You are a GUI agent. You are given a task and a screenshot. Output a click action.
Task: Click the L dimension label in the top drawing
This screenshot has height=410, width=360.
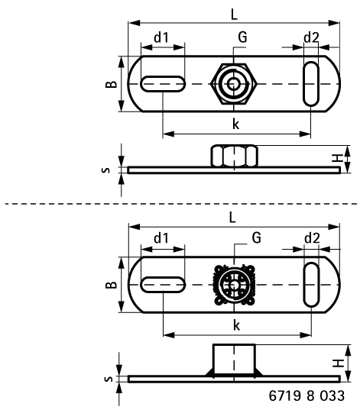point(234,14)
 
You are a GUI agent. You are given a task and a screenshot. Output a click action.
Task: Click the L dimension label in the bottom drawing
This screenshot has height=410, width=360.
point(232,217)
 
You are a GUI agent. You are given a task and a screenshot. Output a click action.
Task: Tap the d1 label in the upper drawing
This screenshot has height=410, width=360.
point(161,37)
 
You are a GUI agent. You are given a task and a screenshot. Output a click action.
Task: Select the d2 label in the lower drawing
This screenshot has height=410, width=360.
point(312,238)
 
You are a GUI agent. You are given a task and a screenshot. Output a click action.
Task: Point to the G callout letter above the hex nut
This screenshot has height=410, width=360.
point(243,37)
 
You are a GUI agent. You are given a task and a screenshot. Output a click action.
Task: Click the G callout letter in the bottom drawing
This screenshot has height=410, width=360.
point(257,237)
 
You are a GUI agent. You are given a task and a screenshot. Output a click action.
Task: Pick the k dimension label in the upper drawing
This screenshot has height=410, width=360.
point(236,124)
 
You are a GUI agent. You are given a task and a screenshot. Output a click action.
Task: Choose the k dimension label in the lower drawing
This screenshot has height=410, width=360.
point(236,325)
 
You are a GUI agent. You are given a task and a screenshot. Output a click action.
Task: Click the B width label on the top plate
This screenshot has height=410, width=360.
point(112,84)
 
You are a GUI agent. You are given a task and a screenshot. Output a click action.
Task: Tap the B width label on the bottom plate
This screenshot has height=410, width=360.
point(112,285)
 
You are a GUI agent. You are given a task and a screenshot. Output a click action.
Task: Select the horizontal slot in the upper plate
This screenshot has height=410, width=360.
point(163,84)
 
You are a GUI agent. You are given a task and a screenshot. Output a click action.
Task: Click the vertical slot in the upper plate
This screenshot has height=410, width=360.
point(311,84)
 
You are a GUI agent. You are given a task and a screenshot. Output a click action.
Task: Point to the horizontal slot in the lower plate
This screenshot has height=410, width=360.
point(163,285)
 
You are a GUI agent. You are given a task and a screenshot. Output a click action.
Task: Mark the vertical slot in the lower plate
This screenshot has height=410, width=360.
point(311,285)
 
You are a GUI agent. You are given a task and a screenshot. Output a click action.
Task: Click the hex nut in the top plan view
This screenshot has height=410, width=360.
point(234,84)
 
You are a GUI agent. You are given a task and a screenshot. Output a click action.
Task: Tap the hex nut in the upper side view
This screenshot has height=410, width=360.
point(235,156)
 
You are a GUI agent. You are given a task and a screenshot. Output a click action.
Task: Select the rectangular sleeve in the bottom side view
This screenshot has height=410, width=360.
point(234,360)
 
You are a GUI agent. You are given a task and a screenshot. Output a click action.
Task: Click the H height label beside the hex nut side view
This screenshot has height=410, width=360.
point(338,158)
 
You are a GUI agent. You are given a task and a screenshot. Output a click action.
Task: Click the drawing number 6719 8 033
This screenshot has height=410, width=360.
point(306,395)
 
